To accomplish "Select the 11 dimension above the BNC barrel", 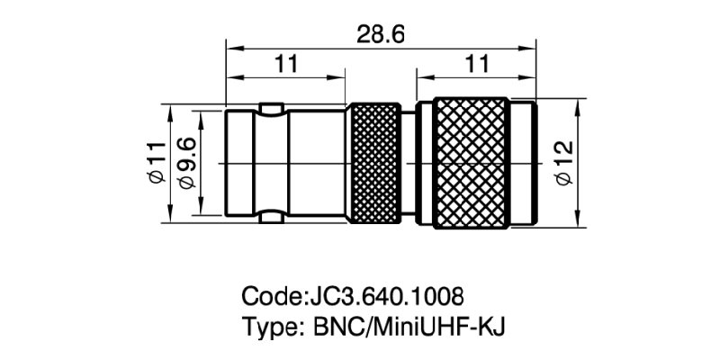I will coord(286,64).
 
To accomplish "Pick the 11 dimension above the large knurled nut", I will coord(478,64).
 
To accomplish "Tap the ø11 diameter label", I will coord(155,164).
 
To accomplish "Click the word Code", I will coord(273,296).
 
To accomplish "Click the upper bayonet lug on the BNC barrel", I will coord(269,108).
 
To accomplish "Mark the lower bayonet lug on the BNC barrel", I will coord(269,218).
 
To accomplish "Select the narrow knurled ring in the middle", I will coord(374,163).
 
